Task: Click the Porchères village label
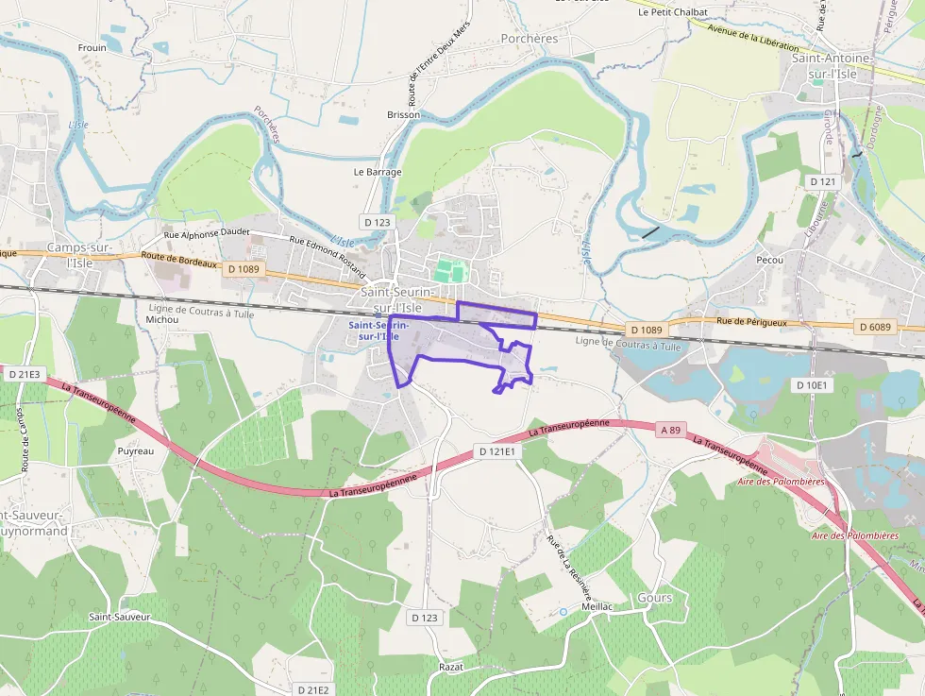tap(529, 39)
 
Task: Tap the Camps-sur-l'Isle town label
tap(80, 255)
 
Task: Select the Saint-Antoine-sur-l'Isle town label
tap(832, 66)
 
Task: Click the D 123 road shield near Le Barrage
tap(376, 222)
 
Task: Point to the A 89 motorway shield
tap(670, 430)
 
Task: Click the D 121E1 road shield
tap(496, 451)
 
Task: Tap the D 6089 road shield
tap(875, 327)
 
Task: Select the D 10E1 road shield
tap(811, 384)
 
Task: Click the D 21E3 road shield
tap(24, 374)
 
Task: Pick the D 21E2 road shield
tap(311, 690)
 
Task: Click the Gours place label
tap(655, 598)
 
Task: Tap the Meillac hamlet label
tap(599, 606)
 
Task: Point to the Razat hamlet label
tap(451, 667)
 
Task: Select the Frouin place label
tap(92, 47)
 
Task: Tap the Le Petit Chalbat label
tap(672, 12)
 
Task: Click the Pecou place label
tap(771, 258)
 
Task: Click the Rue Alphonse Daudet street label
tap(206, 235)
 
